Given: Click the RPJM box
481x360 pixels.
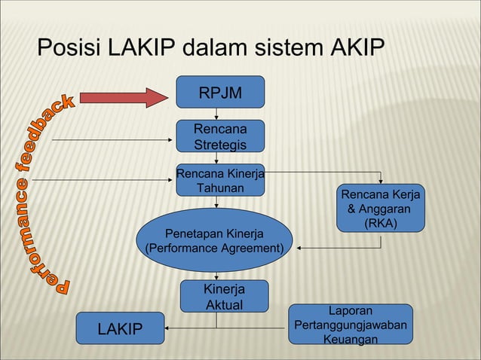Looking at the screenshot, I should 220,93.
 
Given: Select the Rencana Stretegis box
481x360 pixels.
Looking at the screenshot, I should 220,136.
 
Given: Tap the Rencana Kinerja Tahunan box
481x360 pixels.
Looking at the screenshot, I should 220,180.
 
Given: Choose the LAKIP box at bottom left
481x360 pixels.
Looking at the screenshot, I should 121,328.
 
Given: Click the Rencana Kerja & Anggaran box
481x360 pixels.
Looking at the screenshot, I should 381,208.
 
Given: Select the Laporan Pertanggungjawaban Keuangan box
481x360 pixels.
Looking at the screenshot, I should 353,325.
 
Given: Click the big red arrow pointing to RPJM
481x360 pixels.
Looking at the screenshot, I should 127,97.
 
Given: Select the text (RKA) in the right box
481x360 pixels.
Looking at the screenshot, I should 381,224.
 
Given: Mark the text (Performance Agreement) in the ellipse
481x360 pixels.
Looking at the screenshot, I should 214,248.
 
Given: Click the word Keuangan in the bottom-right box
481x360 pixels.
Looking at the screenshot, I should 351,340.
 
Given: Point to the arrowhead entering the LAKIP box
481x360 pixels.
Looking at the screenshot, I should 171,328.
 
